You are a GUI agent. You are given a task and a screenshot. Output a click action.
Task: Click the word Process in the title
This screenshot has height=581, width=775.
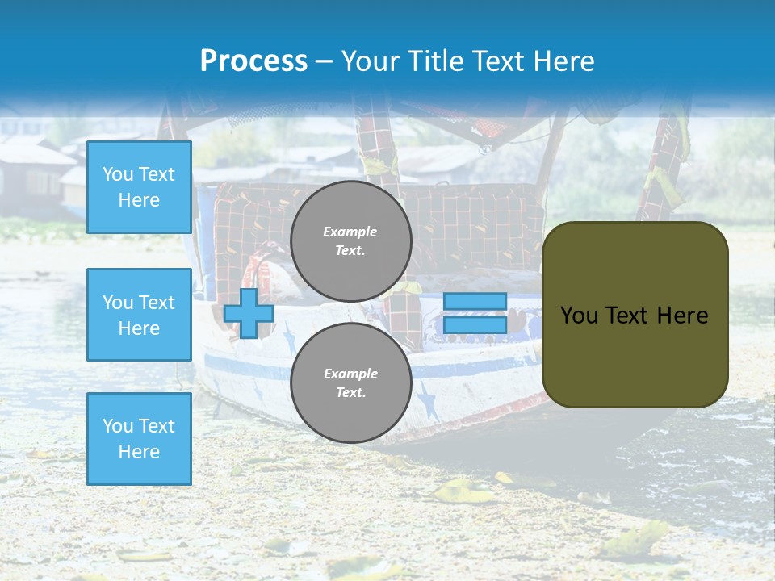[253, 61]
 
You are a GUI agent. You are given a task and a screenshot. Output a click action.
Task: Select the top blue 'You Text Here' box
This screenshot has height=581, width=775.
[139, 187]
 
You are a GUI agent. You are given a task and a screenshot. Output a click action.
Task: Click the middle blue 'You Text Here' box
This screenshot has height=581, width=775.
[139, 315]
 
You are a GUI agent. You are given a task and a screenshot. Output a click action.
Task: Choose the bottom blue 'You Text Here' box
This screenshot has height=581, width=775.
[139, 438]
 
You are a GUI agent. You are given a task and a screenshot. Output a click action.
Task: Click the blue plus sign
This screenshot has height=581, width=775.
[249, 313]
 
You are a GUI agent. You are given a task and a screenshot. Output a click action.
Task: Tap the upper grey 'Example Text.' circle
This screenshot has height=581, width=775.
[350, 241]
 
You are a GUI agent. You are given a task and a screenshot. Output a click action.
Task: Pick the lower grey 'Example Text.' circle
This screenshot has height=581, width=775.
[350, 383]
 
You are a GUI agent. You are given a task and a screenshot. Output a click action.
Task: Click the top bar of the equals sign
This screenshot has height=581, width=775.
[475, 301]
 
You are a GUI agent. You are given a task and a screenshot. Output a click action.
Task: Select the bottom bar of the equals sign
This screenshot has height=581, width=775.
[475, 324]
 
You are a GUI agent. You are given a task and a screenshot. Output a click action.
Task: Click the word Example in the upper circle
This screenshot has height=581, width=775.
[350, 232]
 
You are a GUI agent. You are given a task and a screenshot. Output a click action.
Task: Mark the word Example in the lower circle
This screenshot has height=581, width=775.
[350, 374]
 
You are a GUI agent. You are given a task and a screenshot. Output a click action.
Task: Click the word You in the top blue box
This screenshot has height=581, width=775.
[118, 174]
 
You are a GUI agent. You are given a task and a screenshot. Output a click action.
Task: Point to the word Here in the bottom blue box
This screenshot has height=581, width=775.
[139, 452]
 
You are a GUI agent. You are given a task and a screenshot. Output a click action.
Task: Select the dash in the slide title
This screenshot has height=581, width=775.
[325, 61]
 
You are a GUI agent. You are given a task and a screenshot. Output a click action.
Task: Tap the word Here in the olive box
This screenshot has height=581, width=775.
[682, 316]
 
